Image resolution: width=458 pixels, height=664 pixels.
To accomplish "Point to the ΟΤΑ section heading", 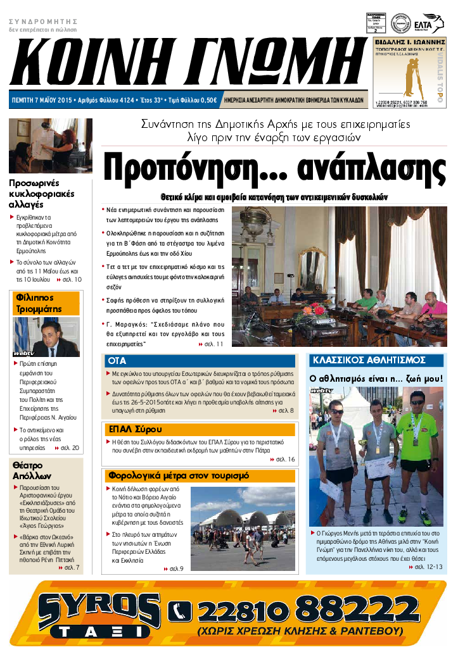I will (117, 360).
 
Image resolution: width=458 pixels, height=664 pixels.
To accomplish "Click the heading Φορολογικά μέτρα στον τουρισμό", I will (179, 475).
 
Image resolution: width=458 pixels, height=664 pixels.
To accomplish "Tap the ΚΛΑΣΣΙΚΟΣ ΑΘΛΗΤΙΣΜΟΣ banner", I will (368, 360).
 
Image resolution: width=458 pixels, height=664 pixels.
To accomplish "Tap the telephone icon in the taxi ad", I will (180, 611).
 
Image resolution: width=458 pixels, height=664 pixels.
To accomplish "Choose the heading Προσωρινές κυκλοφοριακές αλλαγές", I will (42, 194).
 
